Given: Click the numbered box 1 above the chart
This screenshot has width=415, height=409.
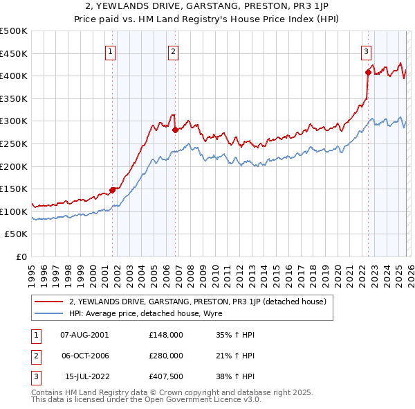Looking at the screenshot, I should click(x=111, y=50).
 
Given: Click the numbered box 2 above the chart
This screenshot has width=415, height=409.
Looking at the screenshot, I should click(x=173, y=50).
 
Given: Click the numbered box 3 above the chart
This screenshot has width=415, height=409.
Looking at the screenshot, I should click(x=366, y=50).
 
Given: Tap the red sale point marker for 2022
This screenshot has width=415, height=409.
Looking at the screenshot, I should click(x=368, y=72).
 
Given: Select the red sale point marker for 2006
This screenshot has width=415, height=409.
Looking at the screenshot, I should click(x=175, y=130).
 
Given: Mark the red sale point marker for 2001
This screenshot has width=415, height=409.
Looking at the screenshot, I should click(x=112, y=189).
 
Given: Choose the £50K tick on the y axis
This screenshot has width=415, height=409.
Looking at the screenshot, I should click(x=17, y=234).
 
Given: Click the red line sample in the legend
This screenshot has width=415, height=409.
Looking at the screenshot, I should click(x=50, y=302).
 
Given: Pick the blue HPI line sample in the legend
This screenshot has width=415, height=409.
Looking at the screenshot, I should click(x=50, y=313).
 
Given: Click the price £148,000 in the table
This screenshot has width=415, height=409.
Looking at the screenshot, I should click(x=165, y=334).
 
